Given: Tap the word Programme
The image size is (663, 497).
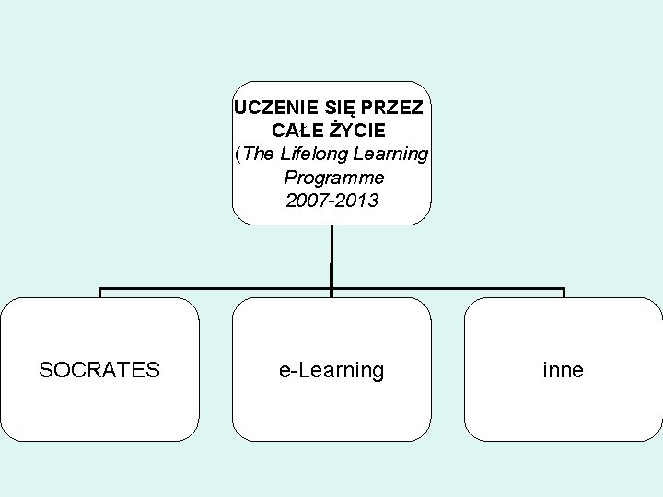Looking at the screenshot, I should (x=333, y=177).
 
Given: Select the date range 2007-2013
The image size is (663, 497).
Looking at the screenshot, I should (x=332, y=200).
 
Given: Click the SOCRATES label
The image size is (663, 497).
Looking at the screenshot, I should (x=99, y=370).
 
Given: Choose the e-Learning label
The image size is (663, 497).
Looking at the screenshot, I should (x=331, y=370).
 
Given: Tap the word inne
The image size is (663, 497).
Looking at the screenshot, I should (x=564, y=370).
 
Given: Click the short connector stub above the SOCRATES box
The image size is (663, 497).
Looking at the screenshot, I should (x=100, y=294).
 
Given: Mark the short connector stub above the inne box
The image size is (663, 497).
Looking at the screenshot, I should (x=564, y=294).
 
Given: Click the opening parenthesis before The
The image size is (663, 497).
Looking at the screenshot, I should (x=239, y=154).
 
